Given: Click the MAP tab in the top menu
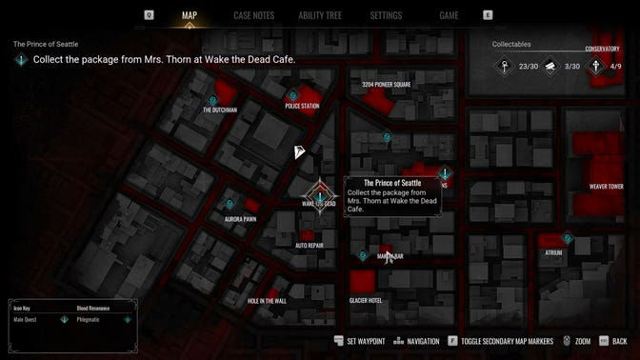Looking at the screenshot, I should point(189,15).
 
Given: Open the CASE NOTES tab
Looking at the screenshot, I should point(254,15).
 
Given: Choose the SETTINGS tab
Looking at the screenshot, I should point(386,15).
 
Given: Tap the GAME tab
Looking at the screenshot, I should point(449,15).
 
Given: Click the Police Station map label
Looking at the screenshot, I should point(302,107).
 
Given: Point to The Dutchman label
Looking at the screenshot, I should point(220,110).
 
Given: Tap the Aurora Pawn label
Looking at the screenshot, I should point(240,218).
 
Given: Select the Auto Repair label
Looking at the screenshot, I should point(310,245).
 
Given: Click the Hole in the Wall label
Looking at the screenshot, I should point(267,301).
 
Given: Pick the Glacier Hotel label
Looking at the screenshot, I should point(366,300).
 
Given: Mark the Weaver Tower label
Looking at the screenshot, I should point(606,187).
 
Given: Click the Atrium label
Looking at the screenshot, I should point(553,252).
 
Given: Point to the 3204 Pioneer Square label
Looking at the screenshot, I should point(386,85).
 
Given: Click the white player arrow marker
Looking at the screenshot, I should point(299,152).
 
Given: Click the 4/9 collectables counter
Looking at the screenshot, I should point(615,67).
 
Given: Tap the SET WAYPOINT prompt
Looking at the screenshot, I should point(365,341).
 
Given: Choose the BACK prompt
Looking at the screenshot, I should point(620,341).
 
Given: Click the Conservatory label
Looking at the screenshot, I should point(602,49).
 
